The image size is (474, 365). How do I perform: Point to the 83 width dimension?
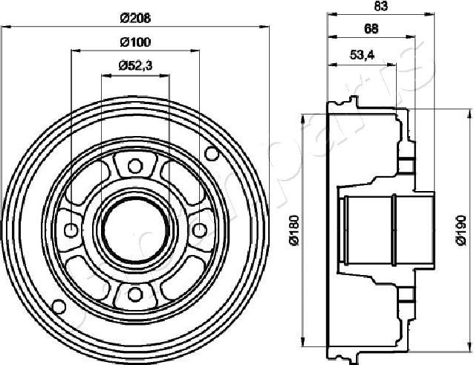380,7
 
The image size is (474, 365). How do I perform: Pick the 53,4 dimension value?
362,54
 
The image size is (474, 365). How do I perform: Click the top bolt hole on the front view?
134,166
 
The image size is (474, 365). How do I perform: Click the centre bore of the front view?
134,229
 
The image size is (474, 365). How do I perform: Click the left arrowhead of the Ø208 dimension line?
9,25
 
